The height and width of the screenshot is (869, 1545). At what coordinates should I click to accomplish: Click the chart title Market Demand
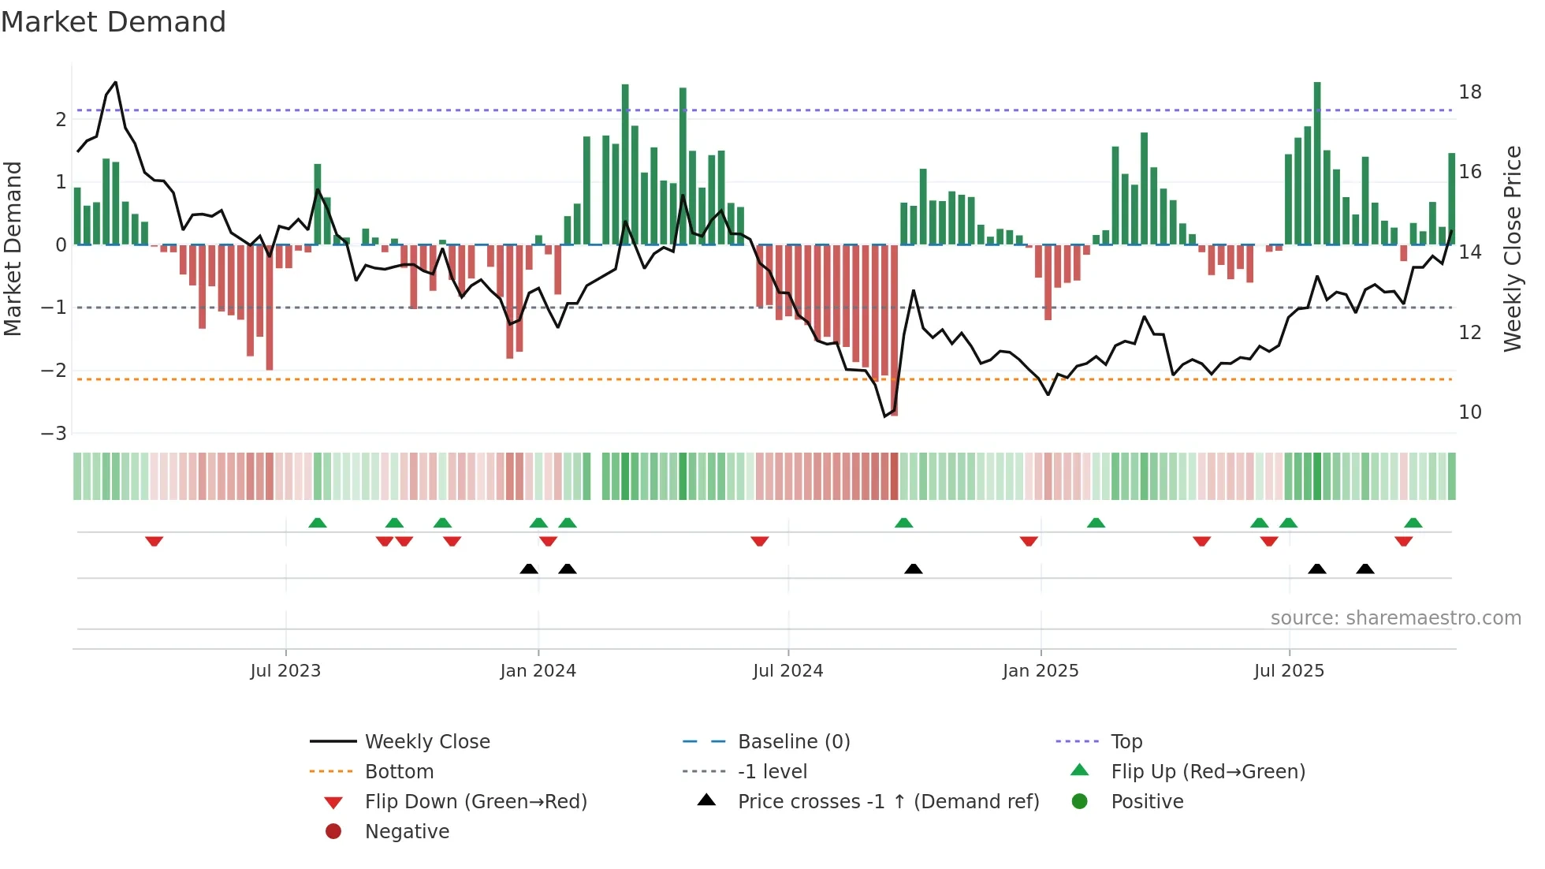tap(114, 22)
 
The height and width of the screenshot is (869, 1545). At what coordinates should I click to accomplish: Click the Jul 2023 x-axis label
tap(285, 671)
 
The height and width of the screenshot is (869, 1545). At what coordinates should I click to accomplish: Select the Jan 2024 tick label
tap(538, 671)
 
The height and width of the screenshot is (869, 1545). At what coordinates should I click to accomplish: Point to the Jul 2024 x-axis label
tap(787, 671)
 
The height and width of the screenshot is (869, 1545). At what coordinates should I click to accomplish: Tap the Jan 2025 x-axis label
tap(1041, 671)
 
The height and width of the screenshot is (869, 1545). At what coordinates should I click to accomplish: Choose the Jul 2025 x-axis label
tap(1289, 671)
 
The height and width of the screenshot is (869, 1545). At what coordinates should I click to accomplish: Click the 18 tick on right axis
tap(1470, 92)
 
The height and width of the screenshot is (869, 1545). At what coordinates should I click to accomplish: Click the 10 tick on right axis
tap(1470, 412)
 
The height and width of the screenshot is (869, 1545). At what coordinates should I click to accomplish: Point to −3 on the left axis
tap(54, 434)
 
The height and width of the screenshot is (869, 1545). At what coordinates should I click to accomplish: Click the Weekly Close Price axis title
tap(1513, 248)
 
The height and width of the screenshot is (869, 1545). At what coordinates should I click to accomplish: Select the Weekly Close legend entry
tap(426, 742)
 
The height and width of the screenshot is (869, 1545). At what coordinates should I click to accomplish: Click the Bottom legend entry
tap(399, 772)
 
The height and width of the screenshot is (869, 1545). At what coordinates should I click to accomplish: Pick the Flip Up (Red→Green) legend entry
tap(1208, 772)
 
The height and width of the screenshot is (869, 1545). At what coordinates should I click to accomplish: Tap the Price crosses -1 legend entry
tap(888, 802)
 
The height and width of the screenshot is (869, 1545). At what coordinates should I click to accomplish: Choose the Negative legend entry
tap(407, 832)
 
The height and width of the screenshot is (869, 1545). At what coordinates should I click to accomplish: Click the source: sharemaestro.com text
tap(1395, 618)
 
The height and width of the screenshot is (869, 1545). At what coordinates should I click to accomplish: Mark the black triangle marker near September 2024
tap(913, 569)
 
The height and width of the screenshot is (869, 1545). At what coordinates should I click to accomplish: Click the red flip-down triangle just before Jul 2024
tap(759, 541)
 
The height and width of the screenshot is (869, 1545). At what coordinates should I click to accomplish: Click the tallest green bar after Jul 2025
tap(1317, 163)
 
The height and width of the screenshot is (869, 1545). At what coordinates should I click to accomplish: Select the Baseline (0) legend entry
tap(793, 742)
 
